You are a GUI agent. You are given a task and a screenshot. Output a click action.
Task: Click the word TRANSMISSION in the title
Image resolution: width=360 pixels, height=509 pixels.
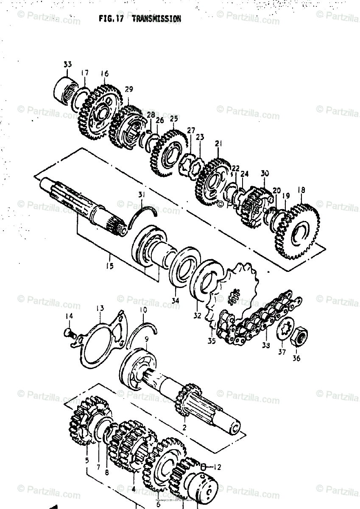point(156,19)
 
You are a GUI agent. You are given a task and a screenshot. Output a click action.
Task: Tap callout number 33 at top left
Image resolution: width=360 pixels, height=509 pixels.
point(68,64)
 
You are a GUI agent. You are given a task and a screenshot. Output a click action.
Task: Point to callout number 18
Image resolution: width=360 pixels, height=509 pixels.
point(301,190)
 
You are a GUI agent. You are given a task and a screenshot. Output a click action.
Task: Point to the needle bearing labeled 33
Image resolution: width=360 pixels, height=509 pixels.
point(66,89)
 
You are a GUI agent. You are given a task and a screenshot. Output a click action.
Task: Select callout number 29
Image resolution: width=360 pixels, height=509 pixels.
point(129,89)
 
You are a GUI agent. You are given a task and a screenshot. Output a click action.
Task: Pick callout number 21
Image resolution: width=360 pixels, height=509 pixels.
point(218,144)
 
